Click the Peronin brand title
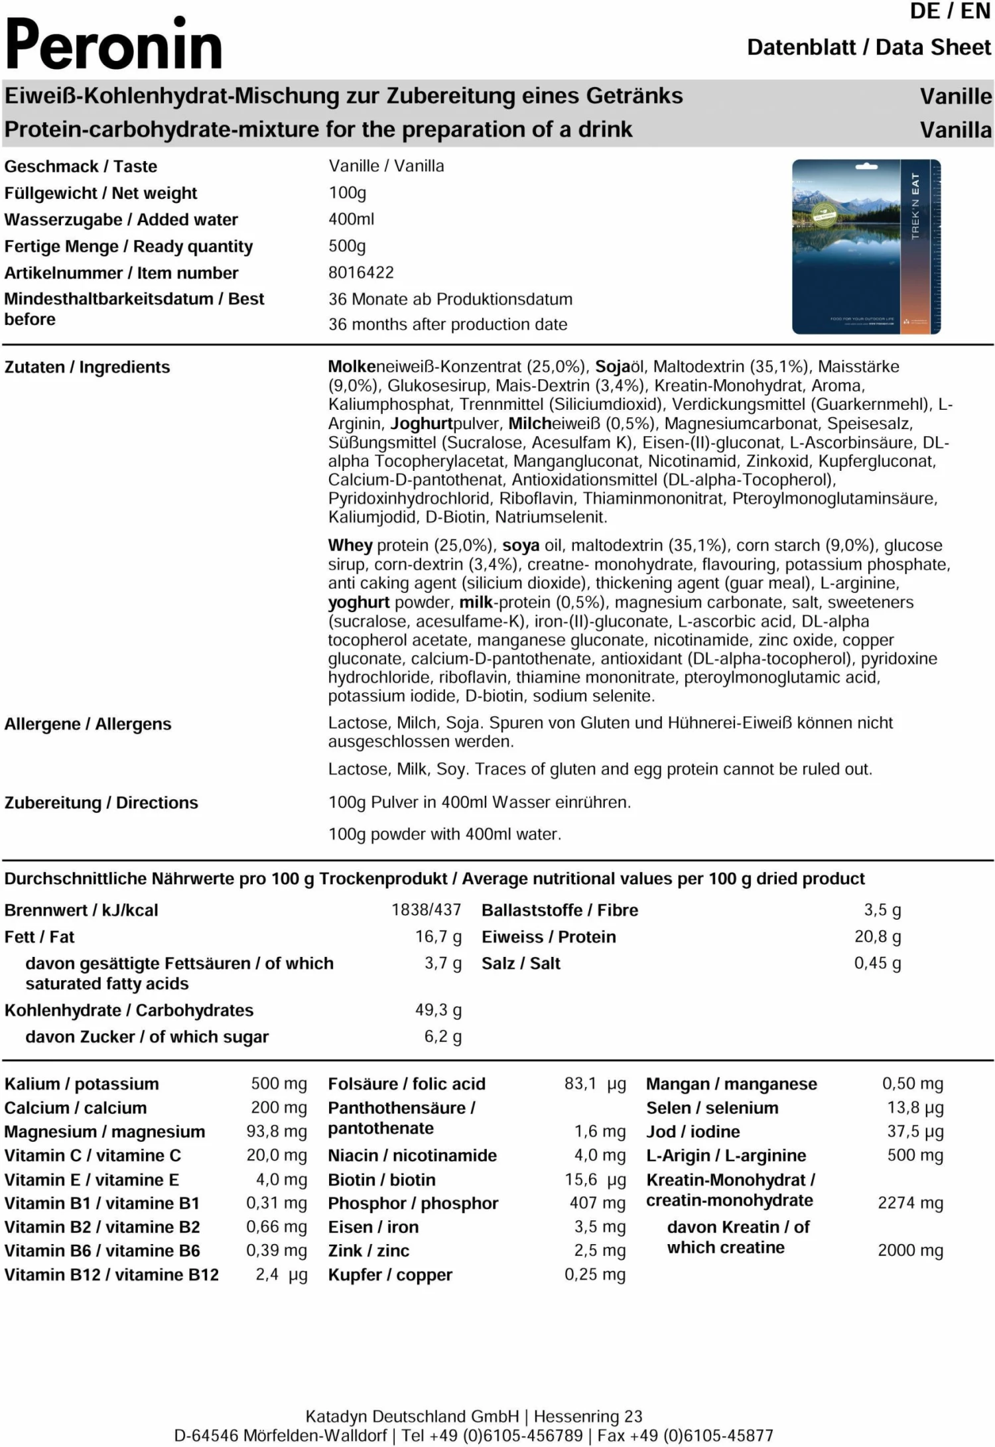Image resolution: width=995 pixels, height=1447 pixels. click(113, 45)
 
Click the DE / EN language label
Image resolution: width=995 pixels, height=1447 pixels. click(949, 11)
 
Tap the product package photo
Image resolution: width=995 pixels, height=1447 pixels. click(866, 246)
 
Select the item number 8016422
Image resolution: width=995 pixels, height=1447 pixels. click(361, 273)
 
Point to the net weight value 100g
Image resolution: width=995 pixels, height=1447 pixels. click(348, 193)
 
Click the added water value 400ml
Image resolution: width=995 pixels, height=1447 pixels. click(351, 220)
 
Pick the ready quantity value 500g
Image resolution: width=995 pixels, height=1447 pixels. click(347, 246)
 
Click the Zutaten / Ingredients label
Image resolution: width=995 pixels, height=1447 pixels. click(87, 367)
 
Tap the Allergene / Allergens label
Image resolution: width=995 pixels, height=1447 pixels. click(88, 724)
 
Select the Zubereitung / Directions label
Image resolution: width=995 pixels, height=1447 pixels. click(101, 803)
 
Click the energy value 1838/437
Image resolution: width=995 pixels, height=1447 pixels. click(426, 910)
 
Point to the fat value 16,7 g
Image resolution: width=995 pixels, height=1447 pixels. click(438, 936)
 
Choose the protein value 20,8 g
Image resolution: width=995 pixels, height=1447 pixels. click(877, 936)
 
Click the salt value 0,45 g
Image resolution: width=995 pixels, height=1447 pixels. click(877, 963)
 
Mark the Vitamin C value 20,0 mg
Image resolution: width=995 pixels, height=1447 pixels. click(276, 1155)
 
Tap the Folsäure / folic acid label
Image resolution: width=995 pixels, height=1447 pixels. click(407, 1084)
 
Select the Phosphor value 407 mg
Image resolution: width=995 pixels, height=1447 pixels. click(597, 1203)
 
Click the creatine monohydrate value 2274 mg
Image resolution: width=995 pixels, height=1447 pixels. click(910, 1203)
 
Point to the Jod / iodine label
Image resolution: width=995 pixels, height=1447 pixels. click(693, 1131)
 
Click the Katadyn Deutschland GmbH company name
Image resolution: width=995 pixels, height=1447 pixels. click(412, 1416)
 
